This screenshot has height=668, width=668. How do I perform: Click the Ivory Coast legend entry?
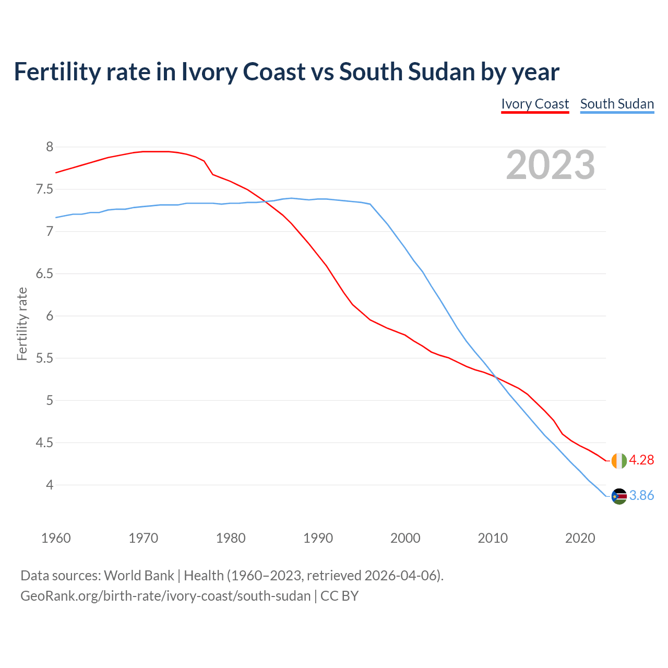[535, 104]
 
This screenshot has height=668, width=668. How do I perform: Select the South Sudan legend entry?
[617, 104]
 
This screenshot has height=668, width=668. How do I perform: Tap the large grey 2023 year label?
[551, 165]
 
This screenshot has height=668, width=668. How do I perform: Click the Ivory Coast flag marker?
[619, 461]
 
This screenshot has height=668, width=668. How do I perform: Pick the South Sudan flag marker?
[619, 496]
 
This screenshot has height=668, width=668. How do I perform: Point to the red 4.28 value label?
[641, 460]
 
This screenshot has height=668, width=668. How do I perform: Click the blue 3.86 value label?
[641, 495]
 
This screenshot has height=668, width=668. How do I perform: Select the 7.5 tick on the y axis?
[45, 189]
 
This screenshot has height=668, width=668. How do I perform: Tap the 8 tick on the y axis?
[50, 147]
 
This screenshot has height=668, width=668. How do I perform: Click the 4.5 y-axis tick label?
[45, 443]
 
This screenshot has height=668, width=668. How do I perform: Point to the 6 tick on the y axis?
[50, 316]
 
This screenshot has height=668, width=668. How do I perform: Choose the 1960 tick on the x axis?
[56, 538]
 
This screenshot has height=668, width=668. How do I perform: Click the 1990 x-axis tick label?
[318, 538]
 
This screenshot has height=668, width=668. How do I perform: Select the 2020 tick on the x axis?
[580, 538]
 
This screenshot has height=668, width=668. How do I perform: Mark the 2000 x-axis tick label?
[405, 538]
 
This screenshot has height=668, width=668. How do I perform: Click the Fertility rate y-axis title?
[22, 324]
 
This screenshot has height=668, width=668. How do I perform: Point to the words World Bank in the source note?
[139, 575]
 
